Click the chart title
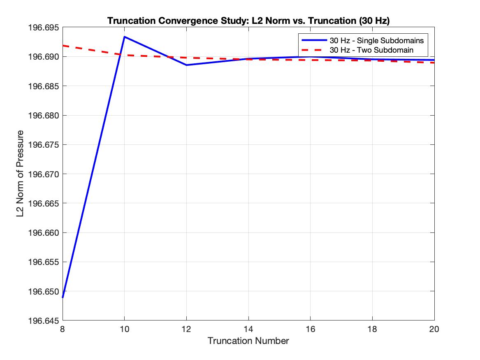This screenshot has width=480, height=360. click(x=248, y=21)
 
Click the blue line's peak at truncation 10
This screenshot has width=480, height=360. click(x=124, y=37)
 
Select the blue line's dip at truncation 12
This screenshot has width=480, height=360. click(x=186, y=65)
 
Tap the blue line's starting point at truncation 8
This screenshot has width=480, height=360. click(x=63, y=297)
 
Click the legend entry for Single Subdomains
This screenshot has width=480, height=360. click(x=376, y=41)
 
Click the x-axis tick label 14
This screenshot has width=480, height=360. click(x=248, y=329)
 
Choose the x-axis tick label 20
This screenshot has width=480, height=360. click(x=434, y=329)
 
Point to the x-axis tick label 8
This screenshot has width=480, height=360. click(x=63, y=329)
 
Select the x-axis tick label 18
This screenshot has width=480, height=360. click(x=372, y=329)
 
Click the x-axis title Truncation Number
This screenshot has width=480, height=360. click(x=248, y=341)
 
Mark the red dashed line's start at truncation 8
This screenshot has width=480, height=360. click(x=63, y=46)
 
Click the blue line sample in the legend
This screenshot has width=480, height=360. click(x=313, y=41)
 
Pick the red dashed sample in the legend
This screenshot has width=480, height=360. click(x=313, y=50)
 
